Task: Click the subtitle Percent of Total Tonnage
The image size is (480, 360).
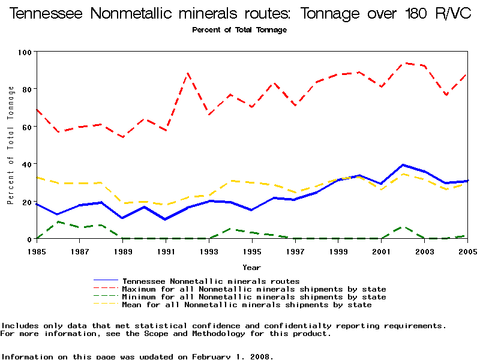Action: (239, 29)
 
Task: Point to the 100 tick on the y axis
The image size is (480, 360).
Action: (24, 52)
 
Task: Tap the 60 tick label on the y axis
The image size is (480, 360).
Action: (26, 127)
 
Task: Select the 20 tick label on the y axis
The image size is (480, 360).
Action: (26, 202)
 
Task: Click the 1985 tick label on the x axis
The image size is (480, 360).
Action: (37, 250)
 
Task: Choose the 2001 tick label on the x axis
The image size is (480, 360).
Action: (382, 250)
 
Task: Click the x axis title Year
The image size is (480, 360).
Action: (251, 267)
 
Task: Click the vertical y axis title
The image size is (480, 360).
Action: (11, 145)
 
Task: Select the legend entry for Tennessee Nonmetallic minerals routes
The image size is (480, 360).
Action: (211, 280)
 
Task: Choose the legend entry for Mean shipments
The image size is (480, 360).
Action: (247, 305)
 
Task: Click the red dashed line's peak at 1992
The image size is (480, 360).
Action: (188, 73)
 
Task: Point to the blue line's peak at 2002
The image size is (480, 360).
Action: (403, 164)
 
